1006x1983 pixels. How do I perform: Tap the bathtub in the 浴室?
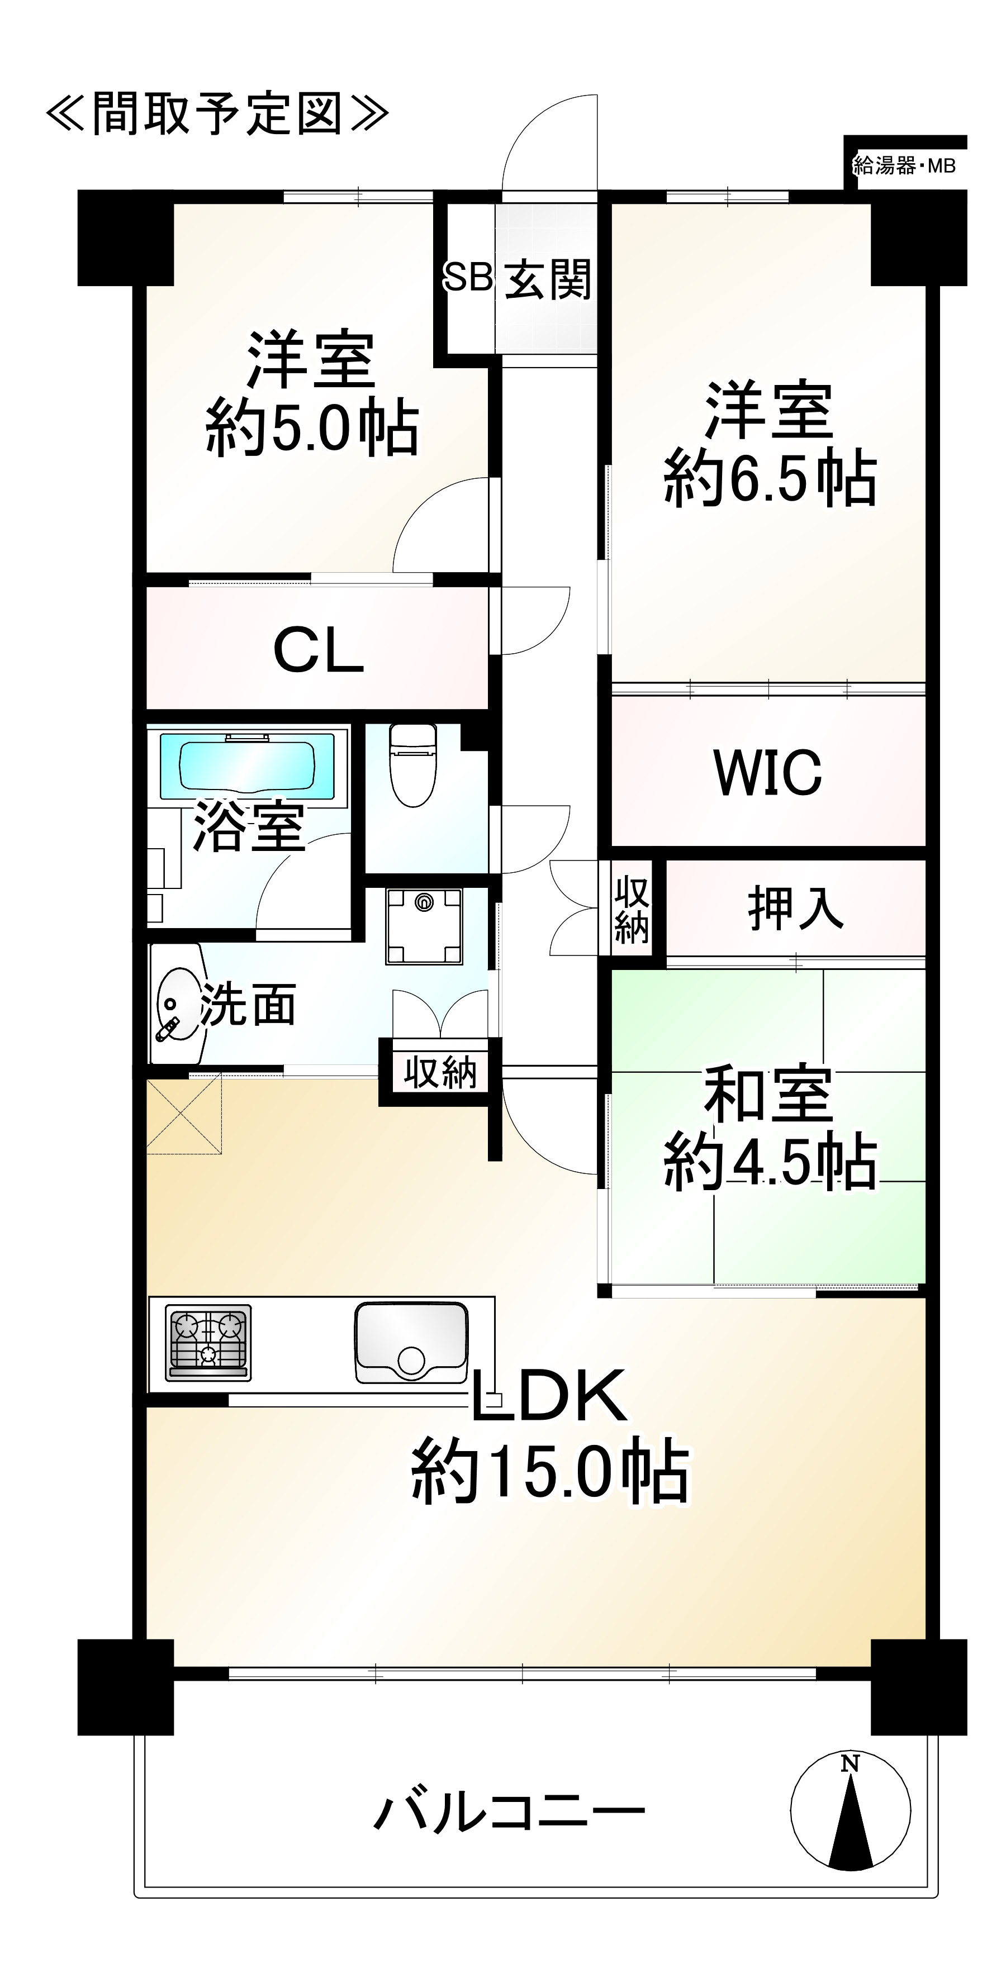tap(247, 766)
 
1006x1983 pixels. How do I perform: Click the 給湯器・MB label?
tap(904, 165)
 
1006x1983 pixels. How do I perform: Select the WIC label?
tap(767, 772)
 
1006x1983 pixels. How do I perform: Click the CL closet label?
tap(318, 650)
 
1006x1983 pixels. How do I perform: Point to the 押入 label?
tap(795, 909)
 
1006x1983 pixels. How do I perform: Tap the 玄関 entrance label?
tap(548, 279)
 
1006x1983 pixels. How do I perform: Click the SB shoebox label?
tap(467, 277)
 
